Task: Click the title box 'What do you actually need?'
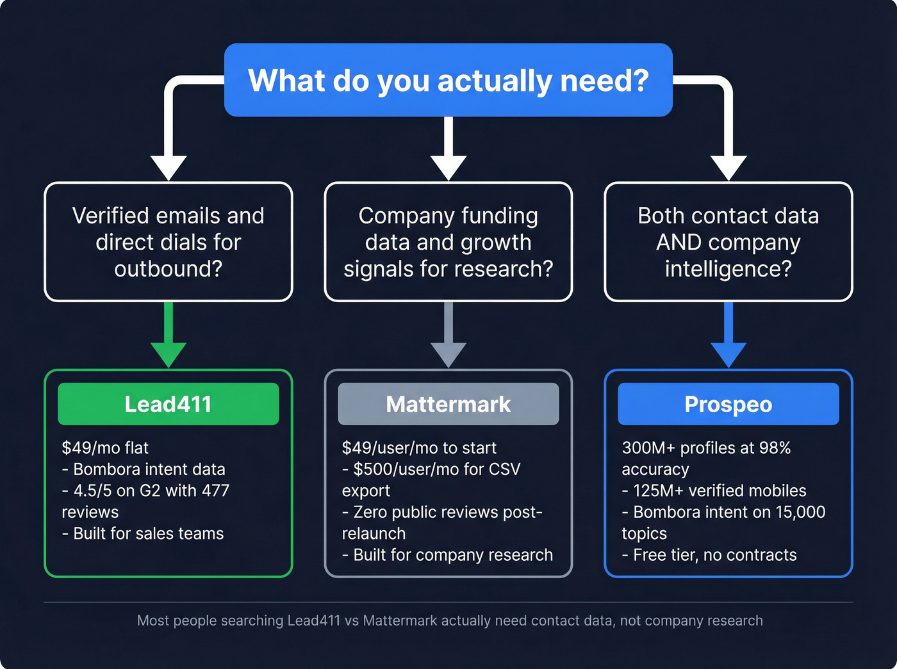pyautogui.click(x=448, y=80)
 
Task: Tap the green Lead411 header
pyautogui.click(x=168, y=404)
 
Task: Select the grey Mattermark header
pyautogui.click(x=448, y=404)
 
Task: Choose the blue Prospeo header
pyautogui.click(x=728, y=404)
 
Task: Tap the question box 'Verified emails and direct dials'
pyautogui.click(x=168, y=242)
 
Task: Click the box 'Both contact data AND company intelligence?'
pyautogui.click(x=728, y=242)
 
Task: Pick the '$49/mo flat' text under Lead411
pyautogui.click(x=105, y=447)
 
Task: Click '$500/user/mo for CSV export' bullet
pyautogui.click(x=431, y=480)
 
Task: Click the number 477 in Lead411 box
pyautogui.click(x=215, y=490)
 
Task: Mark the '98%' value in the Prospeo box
pyautogui.click(x=775, y=447)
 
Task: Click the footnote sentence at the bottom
pyautogui.click(x=450, y=620)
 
